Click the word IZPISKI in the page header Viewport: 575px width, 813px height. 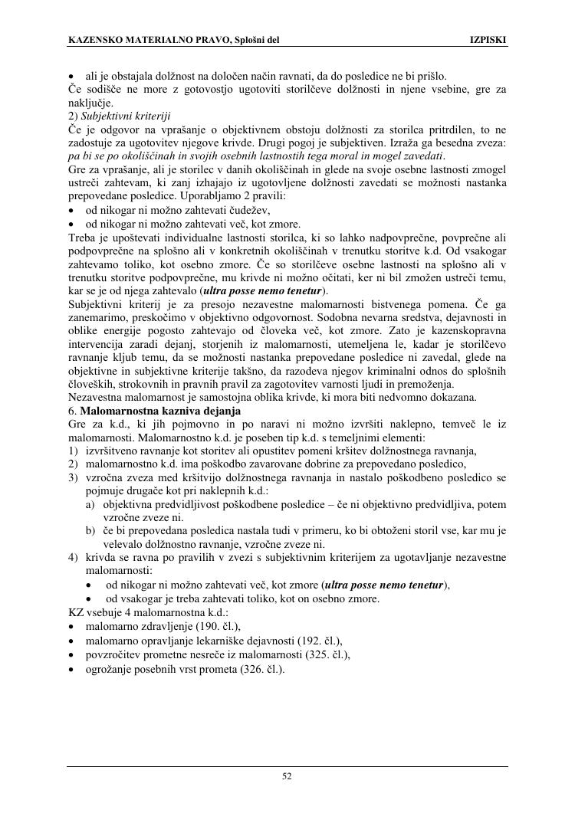(x=488, y=39)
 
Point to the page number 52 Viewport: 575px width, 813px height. (x=287, y=775)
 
